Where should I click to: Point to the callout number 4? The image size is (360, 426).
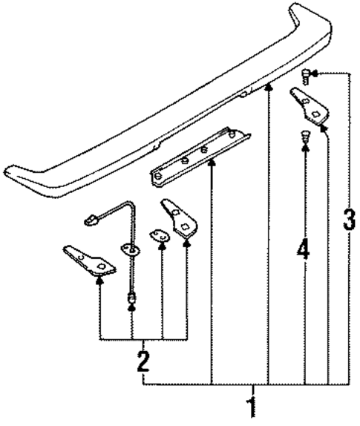302,248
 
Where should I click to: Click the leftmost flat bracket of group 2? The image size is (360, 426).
88,260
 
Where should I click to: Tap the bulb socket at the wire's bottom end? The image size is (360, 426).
131,299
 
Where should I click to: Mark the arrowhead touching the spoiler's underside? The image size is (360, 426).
269,86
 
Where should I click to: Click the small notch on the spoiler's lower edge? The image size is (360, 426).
244,94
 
